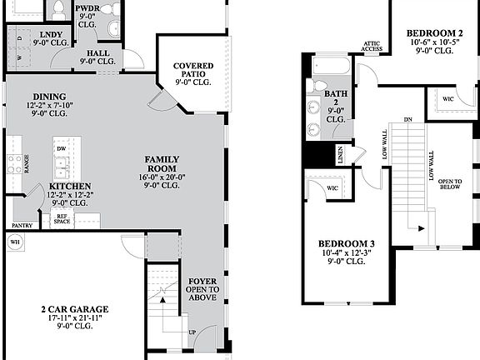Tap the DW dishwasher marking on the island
click(x=62, y=149)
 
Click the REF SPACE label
click(x=62, y=219)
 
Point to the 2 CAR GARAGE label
click(x=75, y=309)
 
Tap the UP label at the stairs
click(x=193, y=332)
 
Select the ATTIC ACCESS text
click(x=372, y=46)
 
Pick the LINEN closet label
click(x=340, y=153)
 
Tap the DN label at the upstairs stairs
click(x=407, y=118)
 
